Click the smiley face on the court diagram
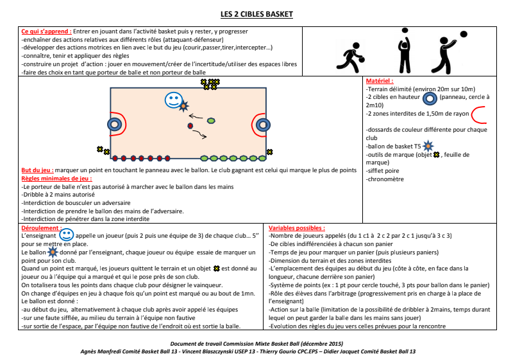click(172, 100)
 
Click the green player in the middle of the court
click(211, 120)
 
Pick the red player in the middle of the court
click(190, 125)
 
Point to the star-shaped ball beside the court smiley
click(184, 105)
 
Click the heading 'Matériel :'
click(379, 82)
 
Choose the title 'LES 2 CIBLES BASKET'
click(256, 14)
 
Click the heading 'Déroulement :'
click(40, 227)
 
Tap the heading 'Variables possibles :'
click(296, 227)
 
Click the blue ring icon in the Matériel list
click(430, 98)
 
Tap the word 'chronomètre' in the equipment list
click(385, 179)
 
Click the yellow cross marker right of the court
click(271, 152)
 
